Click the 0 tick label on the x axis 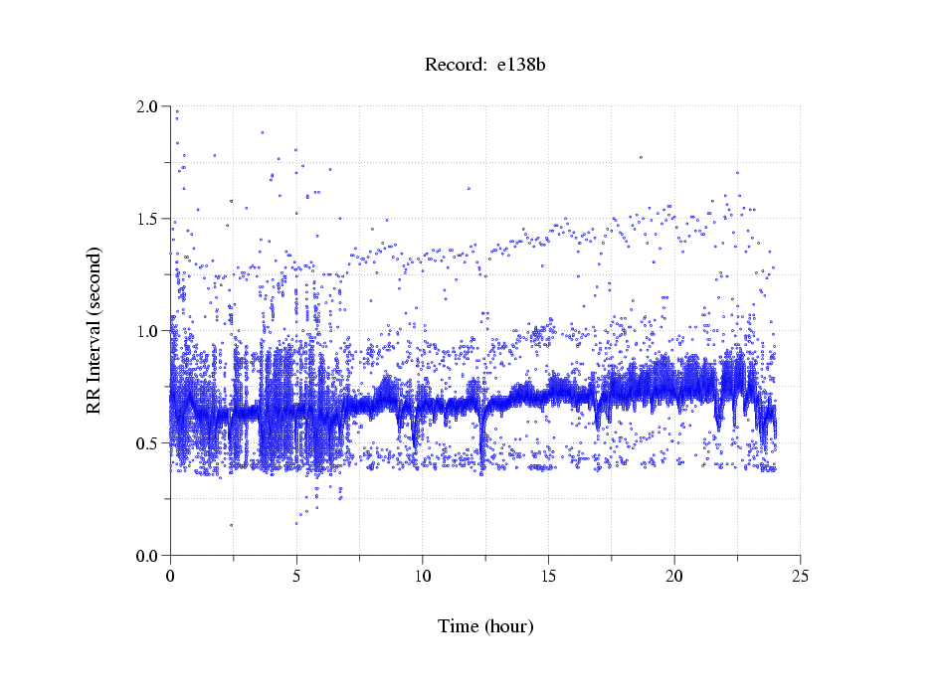pyautogui.click(x=171, y=576)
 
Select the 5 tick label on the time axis pyautogui.click(x=296, y=576)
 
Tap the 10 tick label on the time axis pyautogui.click(x=423, y=576)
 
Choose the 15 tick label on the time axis pyautogui.click(x=548, y=576)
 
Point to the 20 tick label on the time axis pyautogui.click(x=674, y=576)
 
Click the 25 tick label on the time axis pyautogui.click(x=800, y=576)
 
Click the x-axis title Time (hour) pyautogui.click(x=485, y=626)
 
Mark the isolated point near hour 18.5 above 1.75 pyautogui.click(x=641, y=156)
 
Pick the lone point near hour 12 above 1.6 pyautogui.click(x=469, y=188)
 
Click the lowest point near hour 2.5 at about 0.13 pyautogui.click(x=232, y=525)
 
